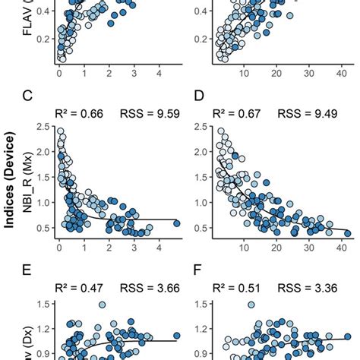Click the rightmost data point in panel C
pos(176,223)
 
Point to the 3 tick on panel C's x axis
pos(134,248)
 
